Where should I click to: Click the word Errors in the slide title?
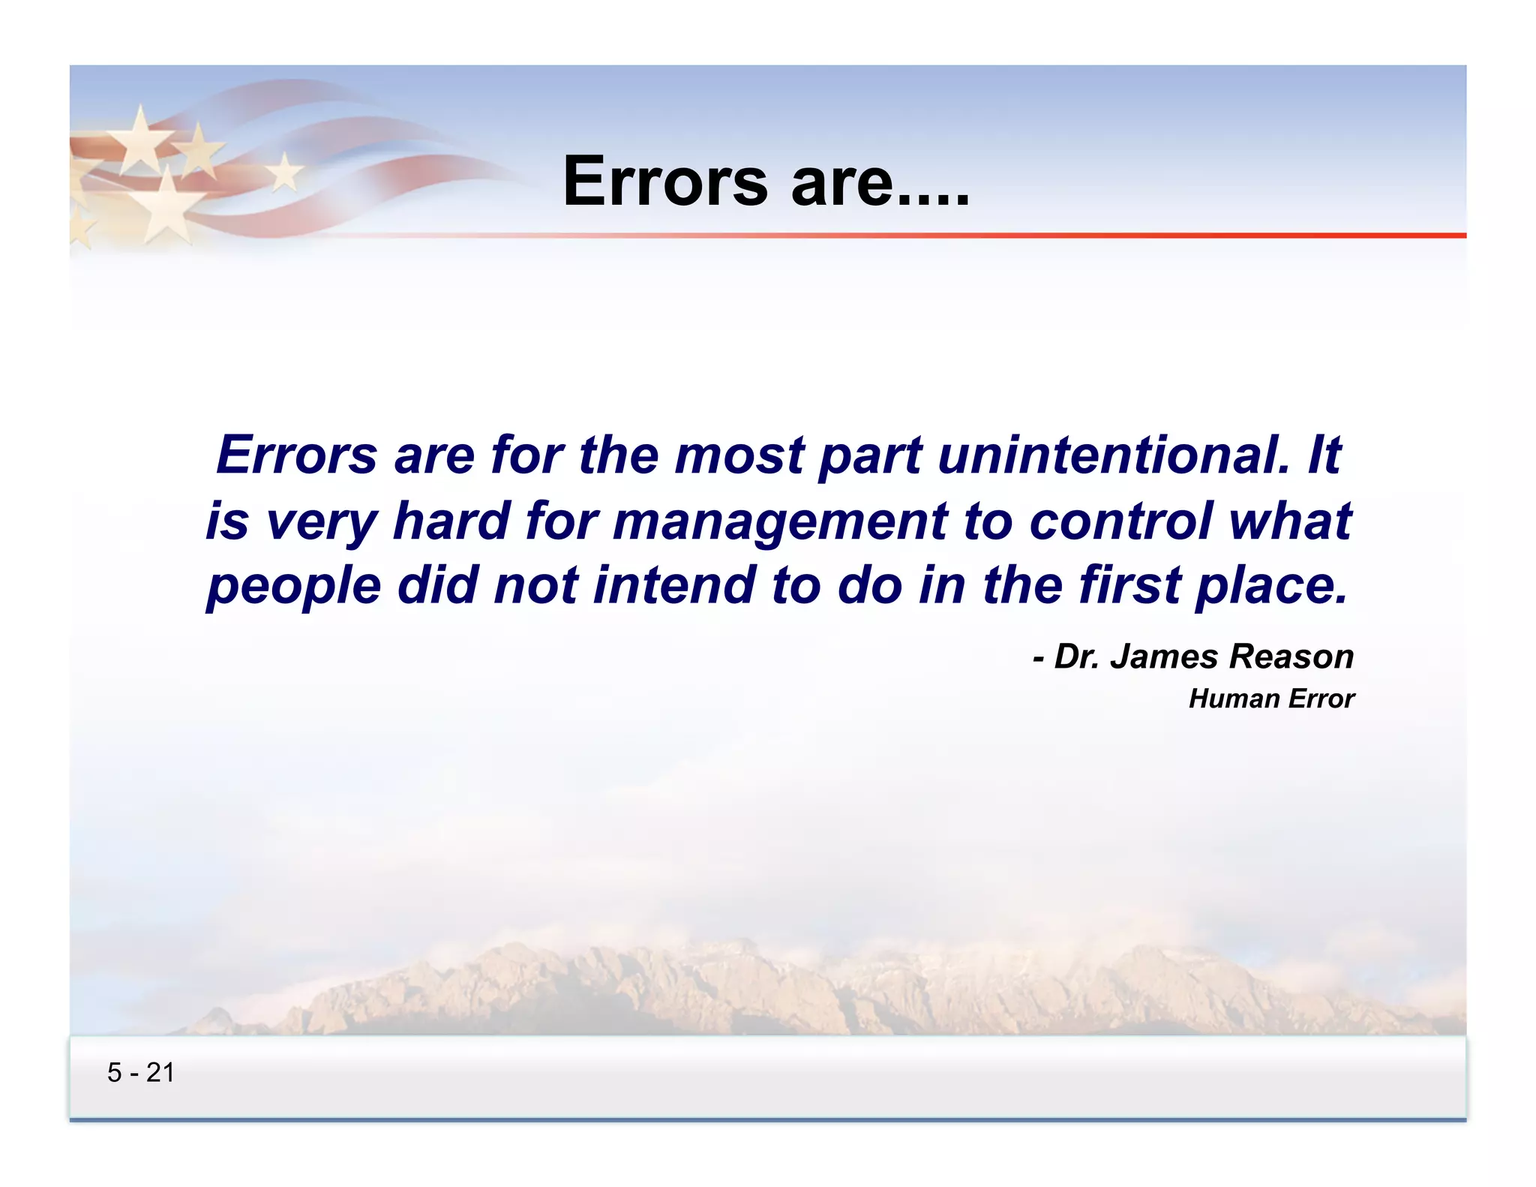click(665, 182)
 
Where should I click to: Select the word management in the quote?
click(780, 522)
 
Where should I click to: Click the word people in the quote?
click(293, 587)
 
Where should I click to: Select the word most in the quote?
click(739, 456)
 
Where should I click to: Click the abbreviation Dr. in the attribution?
click(1077, 657)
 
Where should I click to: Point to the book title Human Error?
click(1271, 699)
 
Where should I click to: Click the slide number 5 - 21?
click(141, 1073)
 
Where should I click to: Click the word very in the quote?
click(322, 522)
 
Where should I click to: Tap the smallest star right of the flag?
click(284, 173)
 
